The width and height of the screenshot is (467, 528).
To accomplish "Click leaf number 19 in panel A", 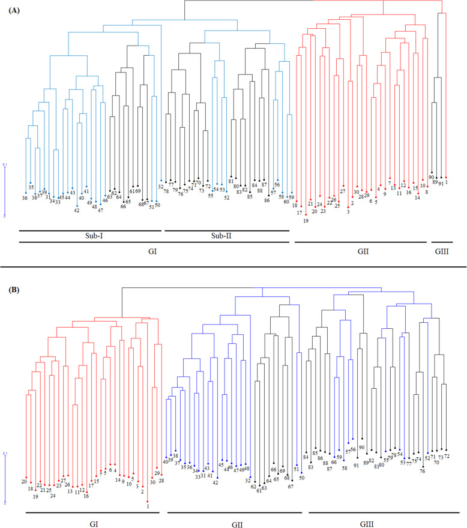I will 306,220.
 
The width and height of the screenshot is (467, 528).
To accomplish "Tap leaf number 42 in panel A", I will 77,210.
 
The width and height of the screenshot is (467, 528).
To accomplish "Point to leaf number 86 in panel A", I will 267,200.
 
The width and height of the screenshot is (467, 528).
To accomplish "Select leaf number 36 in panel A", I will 25,198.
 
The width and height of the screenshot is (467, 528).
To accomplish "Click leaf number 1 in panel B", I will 148,506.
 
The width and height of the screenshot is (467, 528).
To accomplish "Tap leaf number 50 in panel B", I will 301,478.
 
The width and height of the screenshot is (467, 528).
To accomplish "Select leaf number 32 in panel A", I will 161,187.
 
